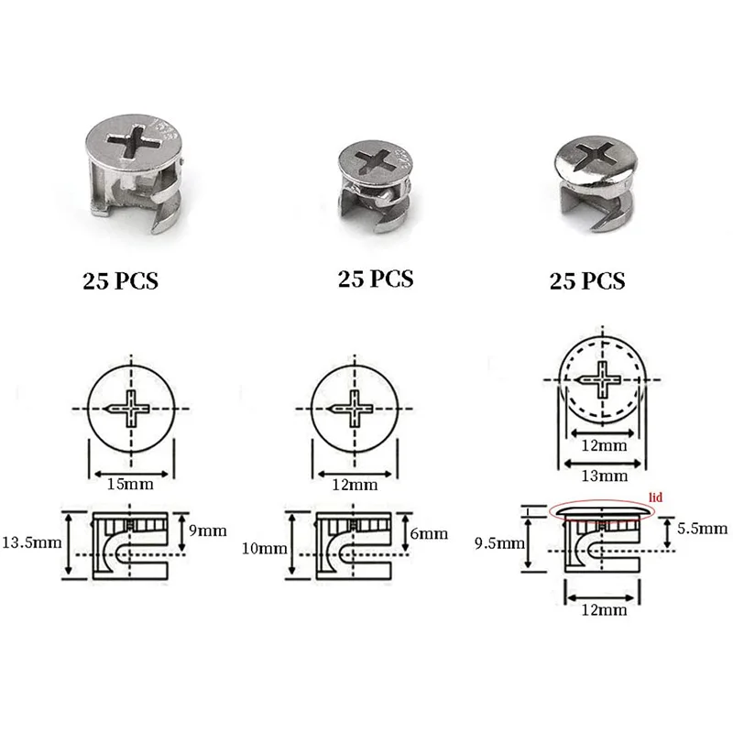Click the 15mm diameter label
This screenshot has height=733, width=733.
point(130,484)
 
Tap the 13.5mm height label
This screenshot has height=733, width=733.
point(32,542)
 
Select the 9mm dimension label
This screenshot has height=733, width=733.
point(208,531)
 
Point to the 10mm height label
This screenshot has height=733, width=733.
point(265,548)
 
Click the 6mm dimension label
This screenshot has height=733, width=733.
point(429,533)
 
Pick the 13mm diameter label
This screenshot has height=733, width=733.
point(604,476)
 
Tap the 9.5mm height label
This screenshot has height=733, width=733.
point(499,543)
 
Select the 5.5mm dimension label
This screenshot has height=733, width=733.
point(702,529)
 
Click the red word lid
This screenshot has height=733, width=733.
point(656,497)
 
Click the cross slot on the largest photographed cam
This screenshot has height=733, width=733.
point(136,143)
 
